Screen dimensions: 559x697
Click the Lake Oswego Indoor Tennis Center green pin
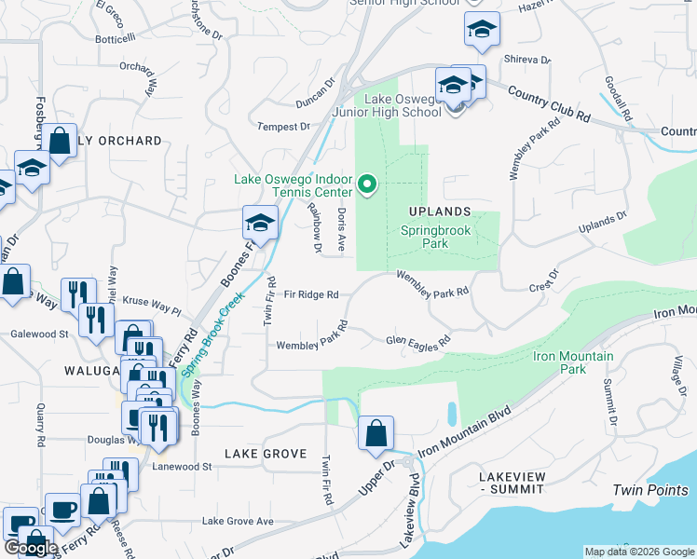point(367,184)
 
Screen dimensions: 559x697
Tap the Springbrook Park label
point(437,237)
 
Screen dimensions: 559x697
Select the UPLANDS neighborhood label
point(438,211)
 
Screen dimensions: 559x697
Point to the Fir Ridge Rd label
point(311,294)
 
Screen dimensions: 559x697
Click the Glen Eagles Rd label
point(418,340)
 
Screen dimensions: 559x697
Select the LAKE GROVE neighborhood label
point(266,454)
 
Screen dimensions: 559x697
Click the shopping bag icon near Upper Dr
point(376,433)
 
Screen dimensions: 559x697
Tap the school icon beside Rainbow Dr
point(260,223)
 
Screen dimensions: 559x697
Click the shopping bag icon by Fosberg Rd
point(60,142)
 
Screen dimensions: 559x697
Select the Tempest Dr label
point(282,127)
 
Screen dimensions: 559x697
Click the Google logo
point(31,548)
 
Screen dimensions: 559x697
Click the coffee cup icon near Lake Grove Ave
point(63,510)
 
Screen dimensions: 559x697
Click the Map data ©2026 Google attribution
point(639,552)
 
